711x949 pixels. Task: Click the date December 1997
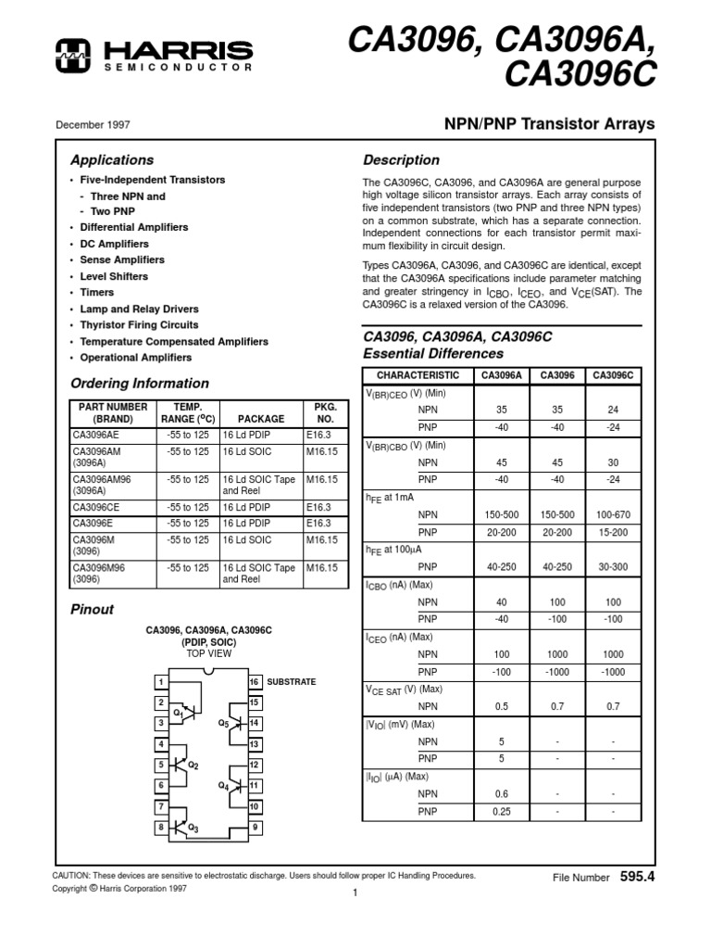[x=93, y=124]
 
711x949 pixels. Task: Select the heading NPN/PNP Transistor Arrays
[x=550, y=123]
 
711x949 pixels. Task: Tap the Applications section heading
[x=112, y=159]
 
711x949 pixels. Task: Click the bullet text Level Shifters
[x=114, y=276]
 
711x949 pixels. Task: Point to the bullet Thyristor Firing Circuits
[x=139, y=325]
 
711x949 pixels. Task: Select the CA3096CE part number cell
[x=95, y=508]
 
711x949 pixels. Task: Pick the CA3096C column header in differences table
[x=613, y=375]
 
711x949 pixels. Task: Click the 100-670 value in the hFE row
[x=613, y=513]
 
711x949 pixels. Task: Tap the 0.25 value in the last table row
[x=500, y=812]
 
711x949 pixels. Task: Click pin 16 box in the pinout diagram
[x=254, y=682]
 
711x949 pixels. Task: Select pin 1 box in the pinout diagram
[x=161, y=682]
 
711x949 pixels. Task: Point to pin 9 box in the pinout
[x=254, y=827]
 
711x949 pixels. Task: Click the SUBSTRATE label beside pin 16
[x=291, y=682]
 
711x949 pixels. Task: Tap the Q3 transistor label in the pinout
[x=193, y=827]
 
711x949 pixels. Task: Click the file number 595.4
[x=637, y=876]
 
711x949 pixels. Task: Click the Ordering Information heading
[x=140, y=384]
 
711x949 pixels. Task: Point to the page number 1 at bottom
[x=355, y=892]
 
